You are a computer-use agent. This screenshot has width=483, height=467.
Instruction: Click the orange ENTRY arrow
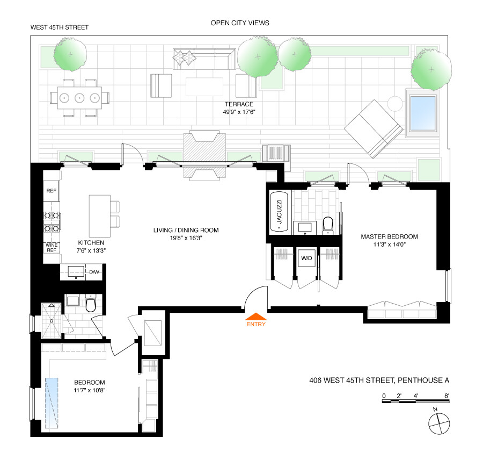(x=255, y=316)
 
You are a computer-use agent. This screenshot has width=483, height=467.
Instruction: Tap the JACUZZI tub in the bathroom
(x=279, y=211)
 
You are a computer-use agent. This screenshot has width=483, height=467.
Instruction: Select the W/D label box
(x=306, y=258)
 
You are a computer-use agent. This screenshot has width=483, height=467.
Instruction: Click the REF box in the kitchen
(x=52, y=191)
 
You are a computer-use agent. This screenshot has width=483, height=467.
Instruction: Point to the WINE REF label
(x=52, y=248)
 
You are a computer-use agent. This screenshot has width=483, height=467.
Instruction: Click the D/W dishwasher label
(x=94, y=272)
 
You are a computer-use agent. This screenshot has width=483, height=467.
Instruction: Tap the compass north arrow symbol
(x=438, y=422)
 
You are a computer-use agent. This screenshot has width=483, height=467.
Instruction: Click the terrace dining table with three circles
(x=79, y=98)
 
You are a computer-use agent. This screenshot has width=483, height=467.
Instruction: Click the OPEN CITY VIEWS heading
(x=239, y=23)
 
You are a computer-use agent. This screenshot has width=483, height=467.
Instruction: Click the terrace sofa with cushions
(x=204, y=60)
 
